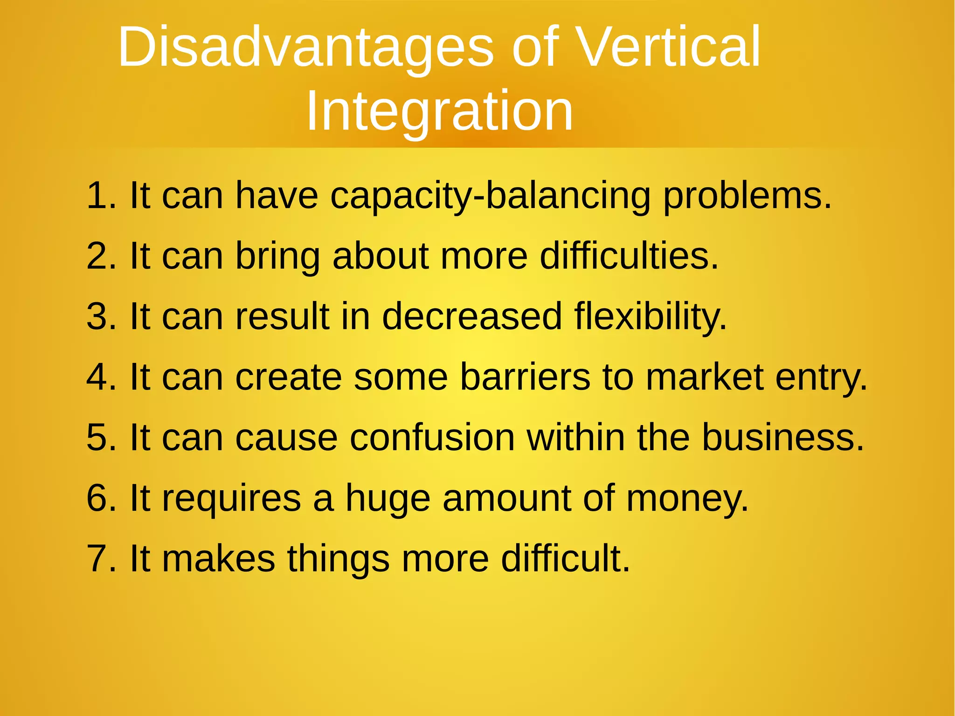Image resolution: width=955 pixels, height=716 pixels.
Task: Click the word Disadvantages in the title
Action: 305,48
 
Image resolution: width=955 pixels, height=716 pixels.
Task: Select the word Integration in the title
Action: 439,111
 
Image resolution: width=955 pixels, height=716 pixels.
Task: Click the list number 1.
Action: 99,195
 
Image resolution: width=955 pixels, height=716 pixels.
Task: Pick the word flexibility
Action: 650,317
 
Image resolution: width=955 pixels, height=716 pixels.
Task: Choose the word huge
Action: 388,499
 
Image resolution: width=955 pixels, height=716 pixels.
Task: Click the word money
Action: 686,499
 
